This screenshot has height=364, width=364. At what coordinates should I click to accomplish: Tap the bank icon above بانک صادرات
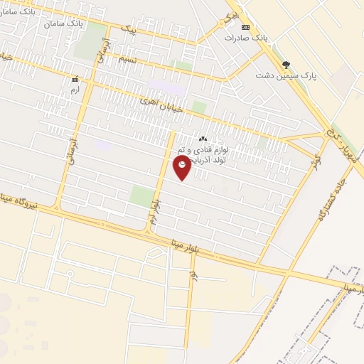[x=246, y=27]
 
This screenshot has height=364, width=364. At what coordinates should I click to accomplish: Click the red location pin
[x=182, y=167]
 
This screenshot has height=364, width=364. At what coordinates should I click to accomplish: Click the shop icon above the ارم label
[x=74, y=80]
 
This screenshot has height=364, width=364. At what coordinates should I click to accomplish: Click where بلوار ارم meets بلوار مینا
[x=150, y=232]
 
